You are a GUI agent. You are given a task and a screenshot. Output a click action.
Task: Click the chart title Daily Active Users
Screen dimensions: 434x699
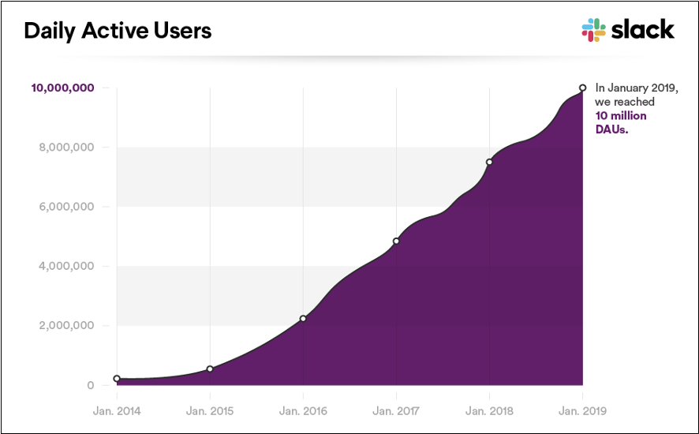click(x=118, y=31)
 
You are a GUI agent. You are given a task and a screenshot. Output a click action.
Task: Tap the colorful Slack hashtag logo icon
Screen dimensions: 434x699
click(x=593, y=30)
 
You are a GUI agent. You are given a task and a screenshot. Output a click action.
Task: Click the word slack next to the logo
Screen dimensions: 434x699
click(x=643, y=30)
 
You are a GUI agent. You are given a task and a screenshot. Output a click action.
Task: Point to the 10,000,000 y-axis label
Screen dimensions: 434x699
click(x=63, y=88)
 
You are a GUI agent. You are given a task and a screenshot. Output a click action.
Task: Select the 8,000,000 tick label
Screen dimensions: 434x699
click(x=66, y=148)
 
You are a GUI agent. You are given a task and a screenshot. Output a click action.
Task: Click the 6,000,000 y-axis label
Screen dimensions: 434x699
click(x=66, y=207)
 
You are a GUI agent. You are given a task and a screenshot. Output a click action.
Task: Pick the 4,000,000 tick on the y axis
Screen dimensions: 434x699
click(x=66, y=266)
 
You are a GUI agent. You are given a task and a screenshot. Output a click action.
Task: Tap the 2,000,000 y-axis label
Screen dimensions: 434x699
click(x=66, y=326)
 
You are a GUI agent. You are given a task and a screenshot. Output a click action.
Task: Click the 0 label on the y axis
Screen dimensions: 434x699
click(x=92, y=385)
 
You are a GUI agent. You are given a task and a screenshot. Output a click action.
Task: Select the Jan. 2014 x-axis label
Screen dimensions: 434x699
click(x=117, y=411)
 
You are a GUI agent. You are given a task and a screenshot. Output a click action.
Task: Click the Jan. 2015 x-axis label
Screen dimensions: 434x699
click(x=210, y=411)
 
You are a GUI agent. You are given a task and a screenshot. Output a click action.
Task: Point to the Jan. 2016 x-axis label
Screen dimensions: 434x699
click(x=303, y=411)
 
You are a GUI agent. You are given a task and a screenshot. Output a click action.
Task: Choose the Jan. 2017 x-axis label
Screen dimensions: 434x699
click(x=396, y=411)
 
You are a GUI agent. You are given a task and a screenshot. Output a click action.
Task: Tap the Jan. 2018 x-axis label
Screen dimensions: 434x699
click(x=489, y=411)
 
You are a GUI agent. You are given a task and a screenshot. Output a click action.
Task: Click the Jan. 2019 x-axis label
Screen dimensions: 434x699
click(x=582, y=411)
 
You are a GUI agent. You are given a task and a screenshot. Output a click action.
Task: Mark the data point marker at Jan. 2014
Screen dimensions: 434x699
click(x=117, y=379)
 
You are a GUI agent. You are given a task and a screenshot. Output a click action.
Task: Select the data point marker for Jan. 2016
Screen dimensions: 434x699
click(x=303, y=319)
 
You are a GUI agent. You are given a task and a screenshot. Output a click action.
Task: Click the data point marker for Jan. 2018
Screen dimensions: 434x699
click(x=489, y=162)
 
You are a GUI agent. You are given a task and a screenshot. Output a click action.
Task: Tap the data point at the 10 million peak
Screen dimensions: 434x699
click(x=582, y=88)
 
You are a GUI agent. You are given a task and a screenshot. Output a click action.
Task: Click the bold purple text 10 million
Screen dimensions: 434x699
click(x=620, y=115)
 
